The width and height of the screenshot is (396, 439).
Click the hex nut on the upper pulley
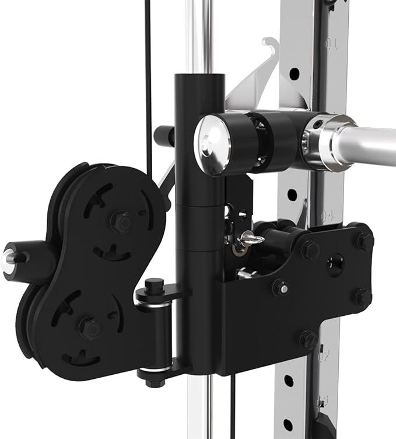click(x=121, y=222)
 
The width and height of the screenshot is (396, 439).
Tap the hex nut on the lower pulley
click(x=89, y=327)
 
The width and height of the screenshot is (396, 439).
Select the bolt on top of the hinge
click(x=153, y=287)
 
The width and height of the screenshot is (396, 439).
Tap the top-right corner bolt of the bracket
click(x=365, y=239)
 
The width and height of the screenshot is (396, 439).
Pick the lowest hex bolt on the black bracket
click(x=308, y=339)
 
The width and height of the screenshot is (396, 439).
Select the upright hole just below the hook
click(x=295, y=74)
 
